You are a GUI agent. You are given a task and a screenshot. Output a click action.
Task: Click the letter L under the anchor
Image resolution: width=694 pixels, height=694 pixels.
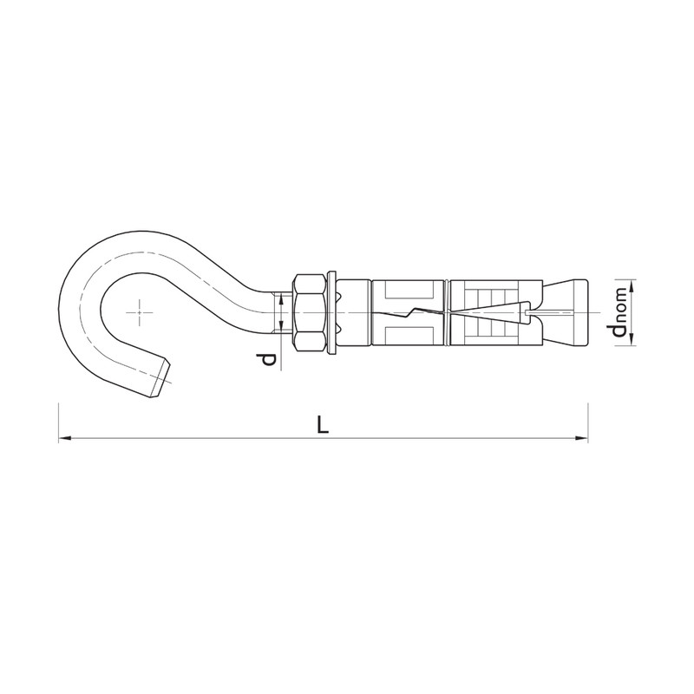point(324,425)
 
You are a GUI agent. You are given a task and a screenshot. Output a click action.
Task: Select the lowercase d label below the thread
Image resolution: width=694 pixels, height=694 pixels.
point(268,359)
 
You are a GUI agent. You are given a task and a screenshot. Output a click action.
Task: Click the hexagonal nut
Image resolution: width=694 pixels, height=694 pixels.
point(310,313)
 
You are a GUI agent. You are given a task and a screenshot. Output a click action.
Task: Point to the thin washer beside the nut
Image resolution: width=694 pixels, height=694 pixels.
point(332,313)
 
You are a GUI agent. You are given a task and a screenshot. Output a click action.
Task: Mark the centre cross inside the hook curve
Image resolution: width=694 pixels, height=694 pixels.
point(139,312)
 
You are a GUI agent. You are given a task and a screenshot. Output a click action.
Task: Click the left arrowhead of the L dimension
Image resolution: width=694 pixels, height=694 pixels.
point(65,439)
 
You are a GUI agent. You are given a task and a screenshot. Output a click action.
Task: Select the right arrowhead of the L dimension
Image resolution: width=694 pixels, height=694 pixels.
point(581,439)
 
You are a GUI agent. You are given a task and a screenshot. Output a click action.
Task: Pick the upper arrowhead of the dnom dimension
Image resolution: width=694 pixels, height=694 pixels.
point(632,286)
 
